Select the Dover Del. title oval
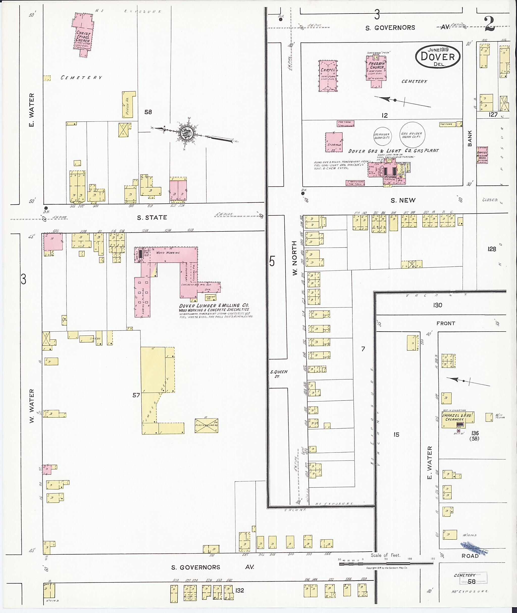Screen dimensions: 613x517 437,57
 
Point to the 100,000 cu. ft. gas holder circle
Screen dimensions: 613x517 413,135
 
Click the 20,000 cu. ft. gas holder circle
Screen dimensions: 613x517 381,136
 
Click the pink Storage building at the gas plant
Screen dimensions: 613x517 334,142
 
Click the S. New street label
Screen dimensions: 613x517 403,200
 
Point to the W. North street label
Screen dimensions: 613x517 294,258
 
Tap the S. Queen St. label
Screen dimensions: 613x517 278,374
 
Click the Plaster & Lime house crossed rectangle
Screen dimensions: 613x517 206,425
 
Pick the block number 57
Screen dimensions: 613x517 136,395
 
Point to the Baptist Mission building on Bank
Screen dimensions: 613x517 482,155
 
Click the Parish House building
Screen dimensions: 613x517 128,105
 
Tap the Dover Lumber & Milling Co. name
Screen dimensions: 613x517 214,305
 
